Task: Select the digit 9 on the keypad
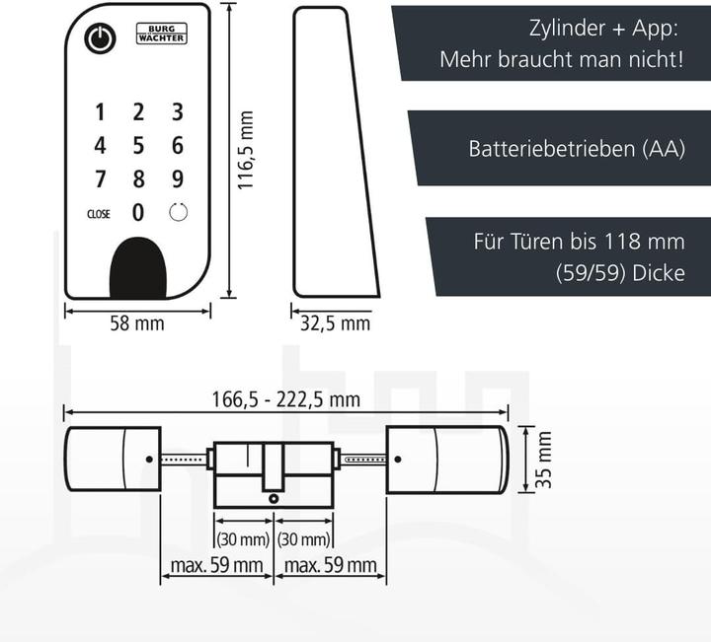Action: [x=178, y=178]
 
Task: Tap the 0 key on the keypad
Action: [x=138, y=212]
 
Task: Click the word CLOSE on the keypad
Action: [x=99, y=214]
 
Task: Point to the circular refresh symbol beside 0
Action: [x=178, y=212]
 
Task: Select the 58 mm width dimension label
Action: [x=136, y=322]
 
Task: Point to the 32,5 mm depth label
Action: [x=335, y=322]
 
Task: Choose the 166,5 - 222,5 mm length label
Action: [x=286, y=399]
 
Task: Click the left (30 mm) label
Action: [x=243, y=539]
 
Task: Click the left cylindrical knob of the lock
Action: [x=112, y=459]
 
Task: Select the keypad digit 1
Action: [x=100, y=111]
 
